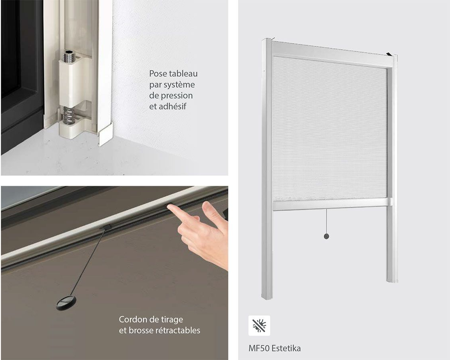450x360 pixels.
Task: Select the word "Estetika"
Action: click(286, 348)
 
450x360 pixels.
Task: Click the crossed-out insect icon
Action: click(259, 326)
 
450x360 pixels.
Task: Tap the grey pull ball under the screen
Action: click(326, 237)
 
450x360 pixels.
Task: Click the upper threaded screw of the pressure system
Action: click(68, 56)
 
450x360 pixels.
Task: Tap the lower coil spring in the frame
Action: click(69, 115)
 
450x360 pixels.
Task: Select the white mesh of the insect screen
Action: click(329, 127)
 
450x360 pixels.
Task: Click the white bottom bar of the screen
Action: click(332, 204)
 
